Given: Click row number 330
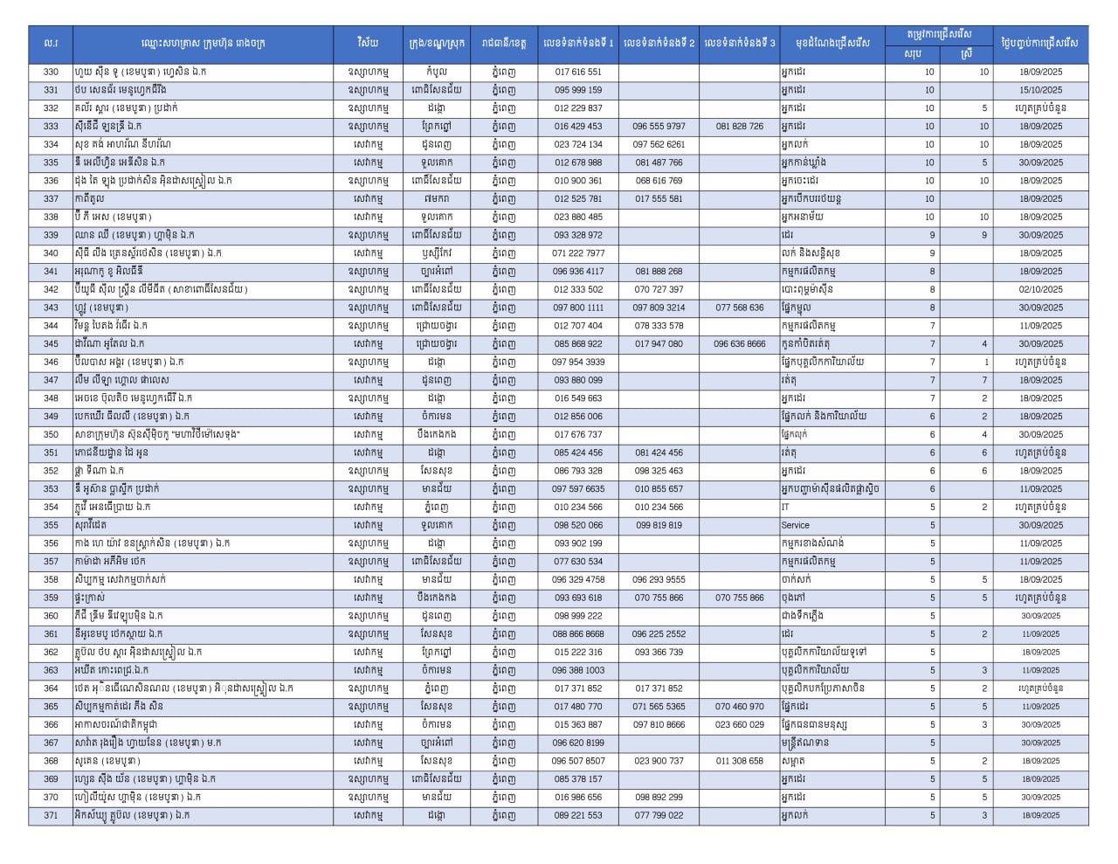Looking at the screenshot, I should tap(51, 72).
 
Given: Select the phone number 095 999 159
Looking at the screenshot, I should tap(577, 90).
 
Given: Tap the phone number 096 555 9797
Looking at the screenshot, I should tap(659, 127).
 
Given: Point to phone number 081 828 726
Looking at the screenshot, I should tap(739, 127).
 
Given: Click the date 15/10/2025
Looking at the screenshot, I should tap(1040, 90).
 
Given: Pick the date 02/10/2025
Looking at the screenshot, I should tap(1040, 290).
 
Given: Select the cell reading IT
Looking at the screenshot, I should tap(785, 508).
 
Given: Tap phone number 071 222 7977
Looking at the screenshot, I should tap(577, 253).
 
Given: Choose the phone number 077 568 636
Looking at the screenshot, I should tap(739, 308).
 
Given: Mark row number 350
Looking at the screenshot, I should tap(51, 435).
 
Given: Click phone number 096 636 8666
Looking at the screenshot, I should tap(739, 344).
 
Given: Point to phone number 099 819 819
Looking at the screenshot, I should tap(659, 526).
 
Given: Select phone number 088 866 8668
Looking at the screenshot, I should tap(577, 634).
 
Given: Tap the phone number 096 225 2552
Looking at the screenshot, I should tap(659, 634).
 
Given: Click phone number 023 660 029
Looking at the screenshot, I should tap(739, 725).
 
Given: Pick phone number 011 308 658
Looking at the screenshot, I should tap(739, 761).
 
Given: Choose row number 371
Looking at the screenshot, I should tap(51, 816).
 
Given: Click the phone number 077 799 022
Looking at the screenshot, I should tap(659, 816).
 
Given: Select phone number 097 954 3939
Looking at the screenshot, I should tap(577, 363).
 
